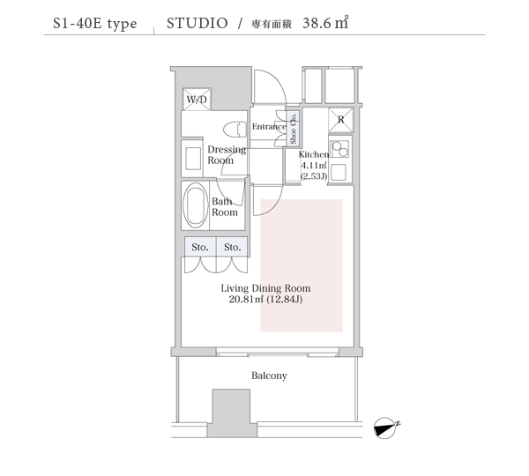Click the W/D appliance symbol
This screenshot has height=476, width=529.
197,100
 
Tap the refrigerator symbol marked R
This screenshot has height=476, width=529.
341,120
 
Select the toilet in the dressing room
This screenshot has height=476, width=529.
235,130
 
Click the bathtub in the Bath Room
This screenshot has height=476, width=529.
196,205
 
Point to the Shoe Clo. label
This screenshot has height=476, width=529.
293,128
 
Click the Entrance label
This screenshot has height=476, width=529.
269,127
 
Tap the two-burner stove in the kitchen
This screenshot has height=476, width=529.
339,149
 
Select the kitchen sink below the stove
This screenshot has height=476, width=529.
339,173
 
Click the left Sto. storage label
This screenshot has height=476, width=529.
200,248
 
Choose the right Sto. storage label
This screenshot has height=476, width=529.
233,248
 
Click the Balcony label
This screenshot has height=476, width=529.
269,376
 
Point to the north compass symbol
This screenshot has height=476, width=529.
386,428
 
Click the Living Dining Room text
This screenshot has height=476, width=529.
266,288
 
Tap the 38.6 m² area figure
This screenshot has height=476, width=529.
325,23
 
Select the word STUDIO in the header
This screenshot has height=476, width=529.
197,23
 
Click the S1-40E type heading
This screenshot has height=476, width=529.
95,24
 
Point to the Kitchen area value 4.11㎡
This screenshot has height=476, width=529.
314,166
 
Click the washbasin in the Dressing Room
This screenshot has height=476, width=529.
193,159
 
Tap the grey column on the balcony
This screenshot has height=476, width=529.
231,413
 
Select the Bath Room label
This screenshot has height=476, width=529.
225,207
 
